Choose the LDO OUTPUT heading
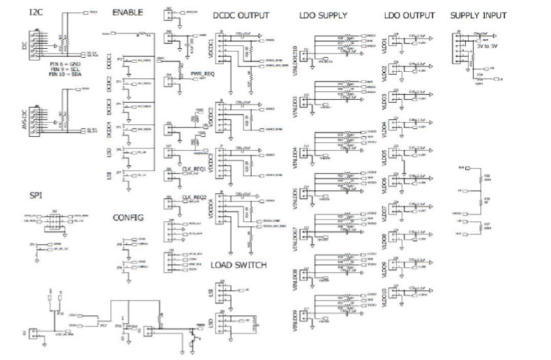coord(409,15)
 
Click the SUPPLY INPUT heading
coord(478,15)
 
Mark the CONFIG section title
coord(128,218)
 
